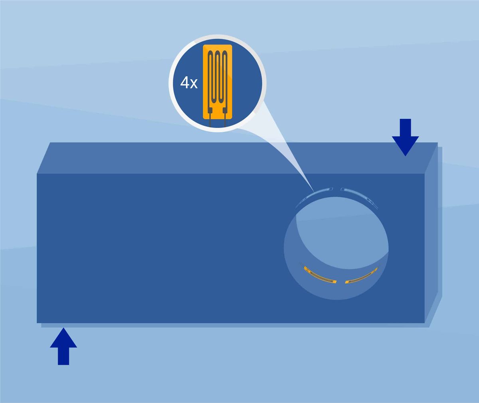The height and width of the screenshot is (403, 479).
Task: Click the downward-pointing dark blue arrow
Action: [x=406, y=137]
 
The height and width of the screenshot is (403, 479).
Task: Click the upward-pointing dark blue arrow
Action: [x=63, y=346]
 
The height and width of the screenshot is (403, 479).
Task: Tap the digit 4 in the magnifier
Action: [x=185, y=83]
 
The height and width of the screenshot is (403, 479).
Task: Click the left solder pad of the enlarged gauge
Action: [x=210, y=110]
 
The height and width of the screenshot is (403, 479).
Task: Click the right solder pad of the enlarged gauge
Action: [x=225, y=110]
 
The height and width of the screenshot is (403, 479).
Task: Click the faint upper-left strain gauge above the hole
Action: [x=313, y=194]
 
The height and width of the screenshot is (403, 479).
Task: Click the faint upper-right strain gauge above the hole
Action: [x=359, y=195]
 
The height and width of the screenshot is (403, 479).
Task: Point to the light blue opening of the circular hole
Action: [x=344, y=232]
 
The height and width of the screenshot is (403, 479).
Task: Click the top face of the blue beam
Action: [x=230, y=158]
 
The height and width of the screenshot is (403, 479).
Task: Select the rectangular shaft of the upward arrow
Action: [x=63, y=356]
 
